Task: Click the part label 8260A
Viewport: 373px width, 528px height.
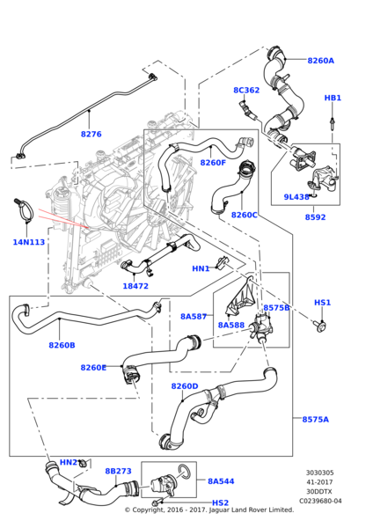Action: click(x=320, y=61)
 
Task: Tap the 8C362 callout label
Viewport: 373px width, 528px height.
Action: click(x=246, y=91)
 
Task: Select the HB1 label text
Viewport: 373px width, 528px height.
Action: click(x=333, y=98)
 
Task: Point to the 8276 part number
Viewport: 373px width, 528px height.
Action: click(x=91, y=134)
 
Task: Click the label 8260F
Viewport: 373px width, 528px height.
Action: click(x=213, y=163)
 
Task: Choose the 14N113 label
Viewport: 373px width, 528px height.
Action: click(x=29, y=242)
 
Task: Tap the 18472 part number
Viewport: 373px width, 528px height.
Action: click(x=135, y=286)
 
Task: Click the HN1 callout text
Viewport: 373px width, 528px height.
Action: click(x=201, y=268)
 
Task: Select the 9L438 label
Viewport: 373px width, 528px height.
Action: click(x=296, y=197)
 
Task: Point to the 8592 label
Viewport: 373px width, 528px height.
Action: click(x=316, y=217)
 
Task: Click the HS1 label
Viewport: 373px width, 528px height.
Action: click(x=323, y=303)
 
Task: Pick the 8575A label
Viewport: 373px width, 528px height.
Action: click(x=316, y=420)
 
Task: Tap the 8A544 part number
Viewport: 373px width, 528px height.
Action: click(x=221, y=481)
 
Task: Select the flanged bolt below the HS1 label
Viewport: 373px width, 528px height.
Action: click(x=321, y=326)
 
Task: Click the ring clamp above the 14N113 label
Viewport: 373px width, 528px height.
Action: click(x=26, y=209)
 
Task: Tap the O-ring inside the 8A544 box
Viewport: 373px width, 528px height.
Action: click(x=184, y=471)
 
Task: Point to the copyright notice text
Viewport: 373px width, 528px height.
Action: click(x=209, y=510)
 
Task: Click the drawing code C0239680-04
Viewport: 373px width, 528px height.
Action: click(x=320, y=501)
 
